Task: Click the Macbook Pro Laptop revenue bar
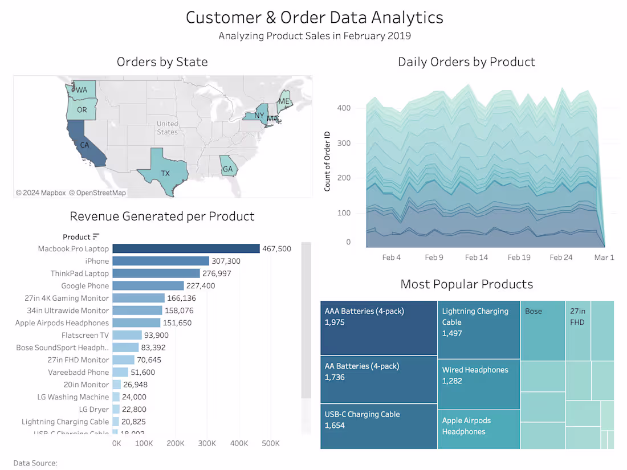point(186,248)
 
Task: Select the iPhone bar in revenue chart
point(161,261)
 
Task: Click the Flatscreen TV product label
point(85,335)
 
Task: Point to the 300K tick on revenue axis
point(207,443)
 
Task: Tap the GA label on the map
point(228,169)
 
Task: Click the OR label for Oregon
point(82,109)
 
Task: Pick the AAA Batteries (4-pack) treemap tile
point(378,328)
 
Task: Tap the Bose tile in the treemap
point(542,330)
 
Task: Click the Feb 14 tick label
point(476,258)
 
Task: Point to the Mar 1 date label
point(604,258)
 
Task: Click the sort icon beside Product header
point(96,236)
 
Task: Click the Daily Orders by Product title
point(466,62)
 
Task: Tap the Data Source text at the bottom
point(35,463)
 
